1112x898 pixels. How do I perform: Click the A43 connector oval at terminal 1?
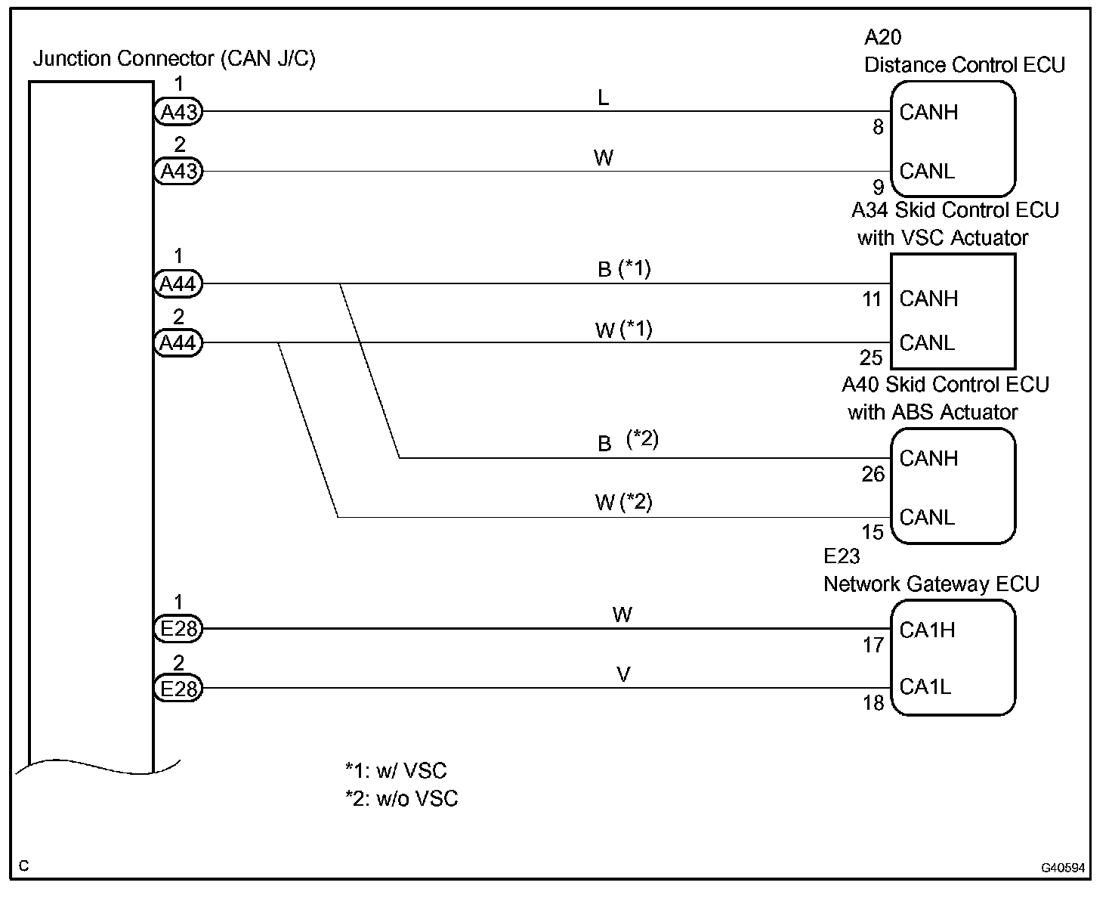[179, 112]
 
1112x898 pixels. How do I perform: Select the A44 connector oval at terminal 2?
[178, 343]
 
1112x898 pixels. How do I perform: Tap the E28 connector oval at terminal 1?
[178, 629]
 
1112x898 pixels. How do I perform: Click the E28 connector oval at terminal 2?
[178, 689]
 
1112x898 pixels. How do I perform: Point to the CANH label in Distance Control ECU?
[928, 113]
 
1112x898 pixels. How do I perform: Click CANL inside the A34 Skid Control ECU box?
[927, 343]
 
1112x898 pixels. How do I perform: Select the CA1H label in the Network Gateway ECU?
[927, 630]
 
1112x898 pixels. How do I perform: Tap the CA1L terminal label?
[925, 687]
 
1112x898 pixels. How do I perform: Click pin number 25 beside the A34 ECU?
[871, 358]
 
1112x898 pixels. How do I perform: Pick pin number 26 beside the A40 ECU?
[873, 475]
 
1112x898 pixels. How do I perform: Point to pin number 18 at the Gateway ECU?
[873, 703]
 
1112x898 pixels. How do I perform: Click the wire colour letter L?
[603, 98]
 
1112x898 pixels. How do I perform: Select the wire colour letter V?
[623, 675]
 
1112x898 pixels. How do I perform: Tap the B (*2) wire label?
[628, 441]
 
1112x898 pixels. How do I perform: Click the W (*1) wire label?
[623, 330]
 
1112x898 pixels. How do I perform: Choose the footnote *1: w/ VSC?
[396, 771]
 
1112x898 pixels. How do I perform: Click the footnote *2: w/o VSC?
[402, 799]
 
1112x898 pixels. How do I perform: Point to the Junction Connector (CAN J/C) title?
[174, 59]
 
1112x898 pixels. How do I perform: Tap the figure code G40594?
[1063, 868]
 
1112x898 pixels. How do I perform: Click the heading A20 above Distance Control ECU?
[882, 37]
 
